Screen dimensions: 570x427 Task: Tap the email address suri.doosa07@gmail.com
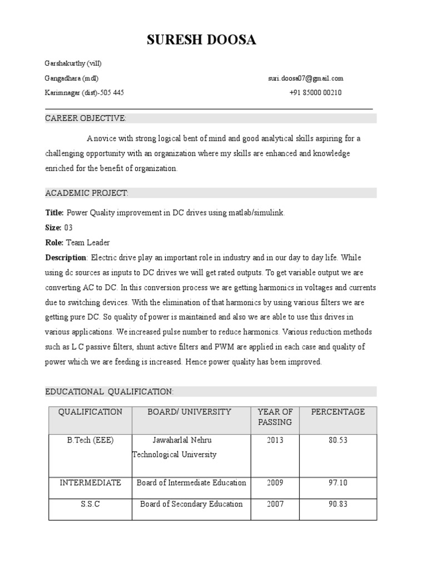305,78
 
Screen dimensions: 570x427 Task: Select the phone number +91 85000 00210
315,93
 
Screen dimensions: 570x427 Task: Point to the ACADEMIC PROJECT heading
87,193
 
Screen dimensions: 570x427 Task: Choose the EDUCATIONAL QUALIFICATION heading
109,392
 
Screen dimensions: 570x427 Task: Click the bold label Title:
54,213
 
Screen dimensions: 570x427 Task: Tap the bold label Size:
53,228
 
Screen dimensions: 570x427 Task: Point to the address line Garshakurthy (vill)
73,63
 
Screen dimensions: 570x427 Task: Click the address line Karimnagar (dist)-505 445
84,93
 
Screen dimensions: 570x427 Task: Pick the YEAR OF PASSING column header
275,417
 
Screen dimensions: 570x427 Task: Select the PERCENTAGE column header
337,412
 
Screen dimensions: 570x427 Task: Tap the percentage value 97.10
337,483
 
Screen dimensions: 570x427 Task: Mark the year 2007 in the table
275,504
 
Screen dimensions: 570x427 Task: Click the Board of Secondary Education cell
191,504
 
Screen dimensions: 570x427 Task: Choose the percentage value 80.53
337,440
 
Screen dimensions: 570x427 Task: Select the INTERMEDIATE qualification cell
90,483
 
